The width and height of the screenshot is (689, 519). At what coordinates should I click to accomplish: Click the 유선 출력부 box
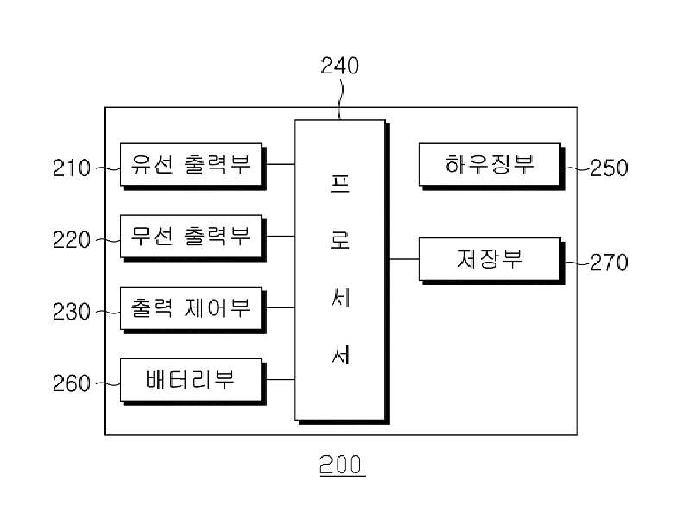(193, 166)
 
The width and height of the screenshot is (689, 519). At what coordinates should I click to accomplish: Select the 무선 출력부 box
(193, 237)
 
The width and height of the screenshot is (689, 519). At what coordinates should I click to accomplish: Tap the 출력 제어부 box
(193, 310)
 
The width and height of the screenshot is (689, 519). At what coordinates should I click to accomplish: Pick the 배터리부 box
(193, 382)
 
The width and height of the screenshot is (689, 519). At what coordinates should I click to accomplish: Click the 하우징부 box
(491, 166)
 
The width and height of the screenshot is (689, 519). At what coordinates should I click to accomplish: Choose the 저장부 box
(491, 261)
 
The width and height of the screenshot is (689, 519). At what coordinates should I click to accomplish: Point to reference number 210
(71, 168)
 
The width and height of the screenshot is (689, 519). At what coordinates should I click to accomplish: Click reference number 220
(71, 240)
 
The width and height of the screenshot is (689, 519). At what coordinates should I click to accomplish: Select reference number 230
(71, 312)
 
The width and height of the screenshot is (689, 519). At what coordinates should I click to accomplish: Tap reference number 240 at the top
(339, 66)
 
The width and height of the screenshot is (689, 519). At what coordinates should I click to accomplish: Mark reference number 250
(609, 168)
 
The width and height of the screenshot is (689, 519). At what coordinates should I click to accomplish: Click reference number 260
(71, 383)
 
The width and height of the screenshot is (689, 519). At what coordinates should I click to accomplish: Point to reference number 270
(609, 263)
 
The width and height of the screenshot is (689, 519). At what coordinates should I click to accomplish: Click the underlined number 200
(342, 465)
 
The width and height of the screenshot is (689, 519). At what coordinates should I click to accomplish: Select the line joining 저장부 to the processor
(404, 259)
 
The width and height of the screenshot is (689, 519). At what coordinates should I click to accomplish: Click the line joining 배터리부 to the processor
(280, 379)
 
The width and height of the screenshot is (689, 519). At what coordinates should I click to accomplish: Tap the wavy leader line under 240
(339, 100)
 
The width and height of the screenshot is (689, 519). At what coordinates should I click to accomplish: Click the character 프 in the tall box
(340, 183)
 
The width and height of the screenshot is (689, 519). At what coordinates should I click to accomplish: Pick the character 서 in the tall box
(340, 354)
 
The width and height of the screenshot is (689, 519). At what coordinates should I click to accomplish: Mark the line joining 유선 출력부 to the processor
(280, 164)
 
